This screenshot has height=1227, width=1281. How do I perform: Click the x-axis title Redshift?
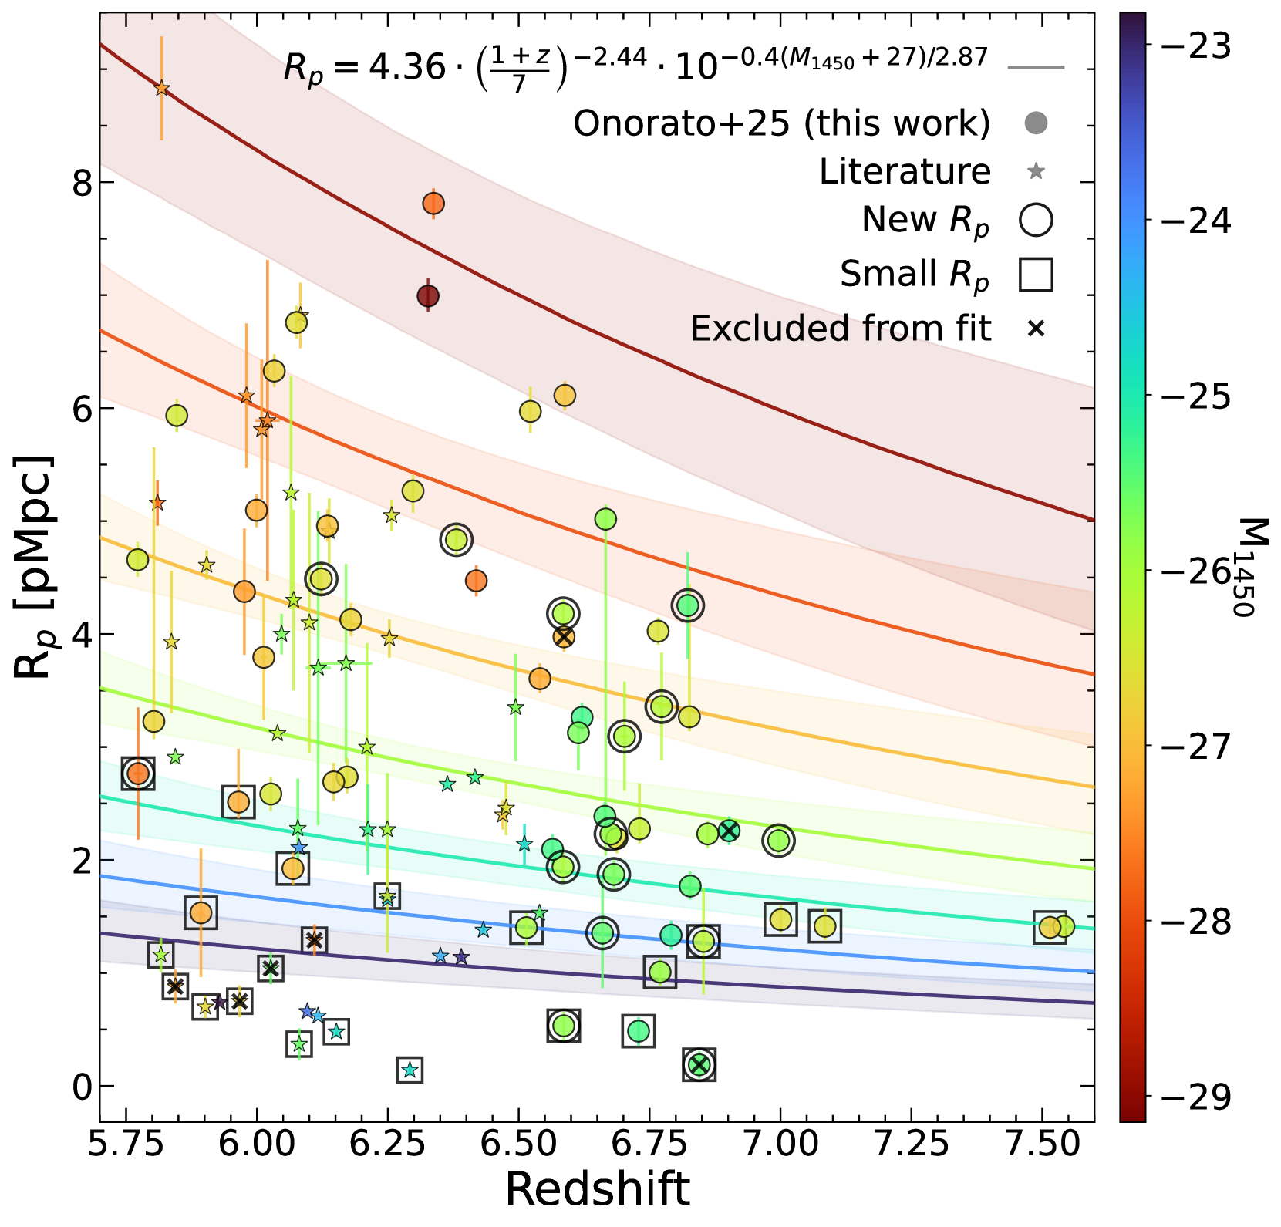click(x=597, y=1188)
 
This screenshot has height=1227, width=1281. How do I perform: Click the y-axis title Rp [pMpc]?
click(x=35, y=568)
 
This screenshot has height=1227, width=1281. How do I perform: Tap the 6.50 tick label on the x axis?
click(x=518, y=1143)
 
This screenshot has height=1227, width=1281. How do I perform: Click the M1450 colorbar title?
click(x=1243, y=568)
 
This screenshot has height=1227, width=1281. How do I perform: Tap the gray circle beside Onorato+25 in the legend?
click(x=1036, y=123)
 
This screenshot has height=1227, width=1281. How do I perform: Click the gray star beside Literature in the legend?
click(x=1036, y=171)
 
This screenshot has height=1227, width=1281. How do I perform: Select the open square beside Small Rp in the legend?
click(x=1036, y=274)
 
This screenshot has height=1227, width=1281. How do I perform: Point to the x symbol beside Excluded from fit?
click(x=1036, y=329)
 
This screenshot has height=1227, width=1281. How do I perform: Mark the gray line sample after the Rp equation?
click(x=1036, y=68)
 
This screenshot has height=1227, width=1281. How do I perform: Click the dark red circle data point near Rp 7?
click(x=428, y=296)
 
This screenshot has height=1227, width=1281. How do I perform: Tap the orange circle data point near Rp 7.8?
click(x=433, y=204)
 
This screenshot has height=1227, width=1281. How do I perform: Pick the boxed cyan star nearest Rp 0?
click(x=410, y=1070)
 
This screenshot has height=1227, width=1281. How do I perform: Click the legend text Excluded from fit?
click(x=840, y=329)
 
